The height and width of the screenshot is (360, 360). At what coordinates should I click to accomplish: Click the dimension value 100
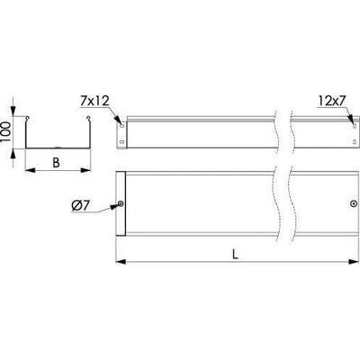[x=5, y=132]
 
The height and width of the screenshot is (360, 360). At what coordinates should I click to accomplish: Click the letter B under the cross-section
[x=56, y=163]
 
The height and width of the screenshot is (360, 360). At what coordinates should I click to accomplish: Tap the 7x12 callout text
[x=94, y=101]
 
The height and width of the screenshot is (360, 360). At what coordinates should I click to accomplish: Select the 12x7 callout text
[x=332, y=102]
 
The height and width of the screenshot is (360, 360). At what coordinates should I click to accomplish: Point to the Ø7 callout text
[x=80, y=206]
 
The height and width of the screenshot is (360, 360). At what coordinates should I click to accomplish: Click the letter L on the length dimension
[x=235, y=255]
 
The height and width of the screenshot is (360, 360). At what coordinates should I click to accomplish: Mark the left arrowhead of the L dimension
[x=121, y=262]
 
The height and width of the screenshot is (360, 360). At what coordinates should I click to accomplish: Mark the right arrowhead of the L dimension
[x=354, y=262]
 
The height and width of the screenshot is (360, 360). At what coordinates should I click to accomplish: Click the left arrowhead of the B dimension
[x=30, y=170]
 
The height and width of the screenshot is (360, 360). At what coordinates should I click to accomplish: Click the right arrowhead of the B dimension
[x=85, y=170]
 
